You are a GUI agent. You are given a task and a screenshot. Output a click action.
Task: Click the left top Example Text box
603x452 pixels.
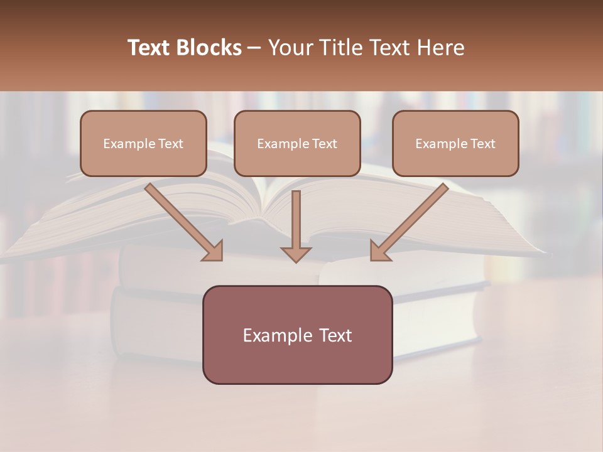pos(143,143)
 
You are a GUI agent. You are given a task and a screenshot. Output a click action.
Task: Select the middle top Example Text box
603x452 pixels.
pos(297,143)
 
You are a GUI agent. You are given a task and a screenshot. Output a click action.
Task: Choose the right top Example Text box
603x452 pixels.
pos(455,143)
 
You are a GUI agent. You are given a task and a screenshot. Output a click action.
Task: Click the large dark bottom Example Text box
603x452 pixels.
pos(297,335)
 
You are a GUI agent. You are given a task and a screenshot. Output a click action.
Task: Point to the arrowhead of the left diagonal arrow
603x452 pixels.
pos(213,250)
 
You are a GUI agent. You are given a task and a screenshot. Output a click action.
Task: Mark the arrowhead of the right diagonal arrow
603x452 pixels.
pos(379,250)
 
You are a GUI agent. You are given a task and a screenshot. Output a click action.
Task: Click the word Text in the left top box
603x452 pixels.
pos(171,144)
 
